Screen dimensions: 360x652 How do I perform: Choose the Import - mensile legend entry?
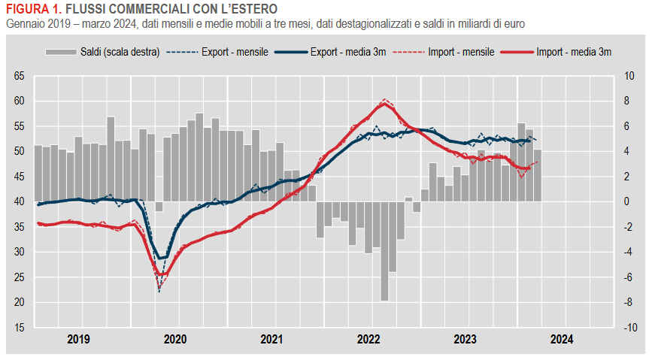tap(460, 53)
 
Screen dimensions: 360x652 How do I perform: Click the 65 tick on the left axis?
tap(20, 76)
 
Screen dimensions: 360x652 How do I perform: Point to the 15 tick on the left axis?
tap(20, 328)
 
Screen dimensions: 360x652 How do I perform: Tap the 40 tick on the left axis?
tap(20, 201)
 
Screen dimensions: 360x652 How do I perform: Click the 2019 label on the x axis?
tap(78, 339)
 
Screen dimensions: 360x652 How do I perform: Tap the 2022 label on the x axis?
tap(368, 339)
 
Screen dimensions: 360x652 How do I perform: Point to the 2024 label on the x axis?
tap(561, 339)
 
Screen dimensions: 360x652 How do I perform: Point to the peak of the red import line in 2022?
tap(384, 101)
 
